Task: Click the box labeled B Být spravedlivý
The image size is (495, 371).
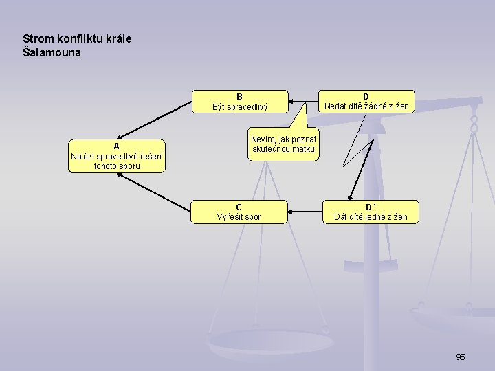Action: [x=239, y=101]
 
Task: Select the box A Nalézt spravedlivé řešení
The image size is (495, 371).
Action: [x=117, y=156]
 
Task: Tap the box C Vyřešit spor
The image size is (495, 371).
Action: [x=239, y=212]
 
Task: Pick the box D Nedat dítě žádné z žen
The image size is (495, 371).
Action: [x=366, y=101]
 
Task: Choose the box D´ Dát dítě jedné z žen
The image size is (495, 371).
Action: [x=371, y=212]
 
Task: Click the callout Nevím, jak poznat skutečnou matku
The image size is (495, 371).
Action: [x=283, y=144]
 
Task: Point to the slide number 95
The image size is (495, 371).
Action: [x=460, y=357]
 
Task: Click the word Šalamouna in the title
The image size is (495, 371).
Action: [x=52, y=52]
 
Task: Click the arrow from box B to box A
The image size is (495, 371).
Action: [x=155, y=121]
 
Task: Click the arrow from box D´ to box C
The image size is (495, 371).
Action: [x=306, y=212]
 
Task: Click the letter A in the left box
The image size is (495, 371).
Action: [x=117, y=146]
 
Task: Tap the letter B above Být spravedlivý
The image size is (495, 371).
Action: [x=239, y=96]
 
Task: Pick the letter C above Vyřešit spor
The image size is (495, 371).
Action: [x=239, y=207]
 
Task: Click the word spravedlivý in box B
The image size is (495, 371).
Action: [x=250, y=106]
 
